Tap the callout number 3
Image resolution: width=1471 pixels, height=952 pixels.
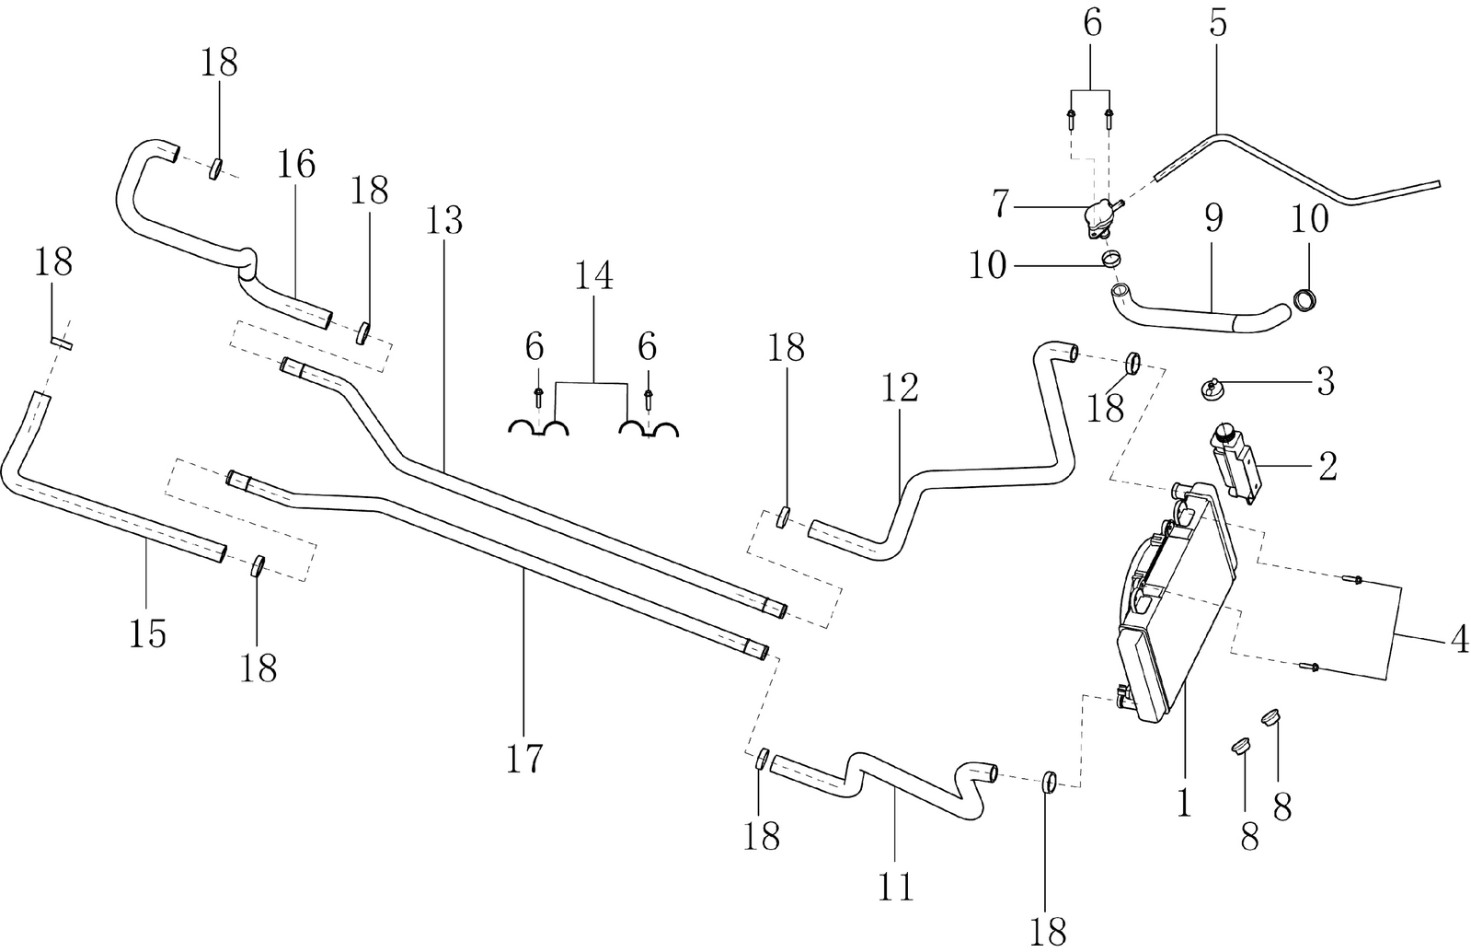pyautogui.click(x=1325, y=381)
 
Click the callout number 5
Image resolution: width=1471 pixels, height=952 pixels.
pyautogui.click(x=1217, y=25)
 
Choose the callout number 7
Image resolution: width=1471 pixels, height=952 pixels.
pyautogui.click(x=1000, y=205)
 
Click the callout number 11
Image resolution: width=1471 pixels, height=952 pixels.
pyautogui.click(x=895, y=886)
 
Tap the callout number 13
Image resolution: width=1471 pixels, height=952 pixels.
pyautogui.click(x=444, y=221)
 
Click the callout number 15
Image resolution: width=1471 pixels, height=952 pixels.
pyautogui.click(x=147, y=633)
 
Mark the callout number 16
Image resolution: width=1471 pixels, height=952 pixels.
pyautogui.click(x=296, y=164)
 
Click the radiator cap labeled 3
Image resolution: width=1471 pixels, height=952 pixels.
pyautogui.click(x=1212, y=387)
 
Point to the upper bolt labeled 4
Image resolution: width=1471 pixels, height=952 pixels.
pyautogui.click(x=1353, y=579)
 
